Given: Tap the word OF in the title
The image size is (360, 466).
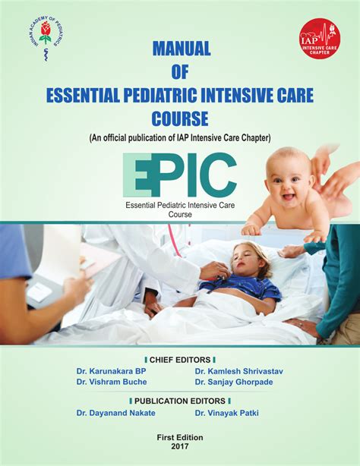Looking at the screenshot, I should pos(179,73).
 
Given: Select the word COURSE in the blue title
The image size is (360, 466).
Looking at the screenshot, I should pos(179,119).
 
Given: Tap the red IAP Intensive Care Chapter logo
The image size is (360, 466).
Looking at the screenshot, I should pos(319,39).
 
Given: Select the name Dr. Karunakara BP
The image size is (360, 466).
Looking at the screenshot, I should pos(112,370).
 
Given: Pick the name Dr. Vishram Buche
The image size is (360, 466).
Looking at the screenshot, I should pos(112,382).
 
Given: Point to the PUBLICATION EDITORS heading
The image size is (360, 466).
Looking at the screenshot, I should pos(179,400).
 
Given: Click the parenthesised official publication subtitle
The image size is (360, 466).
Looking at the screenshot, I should pos(179,137).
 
